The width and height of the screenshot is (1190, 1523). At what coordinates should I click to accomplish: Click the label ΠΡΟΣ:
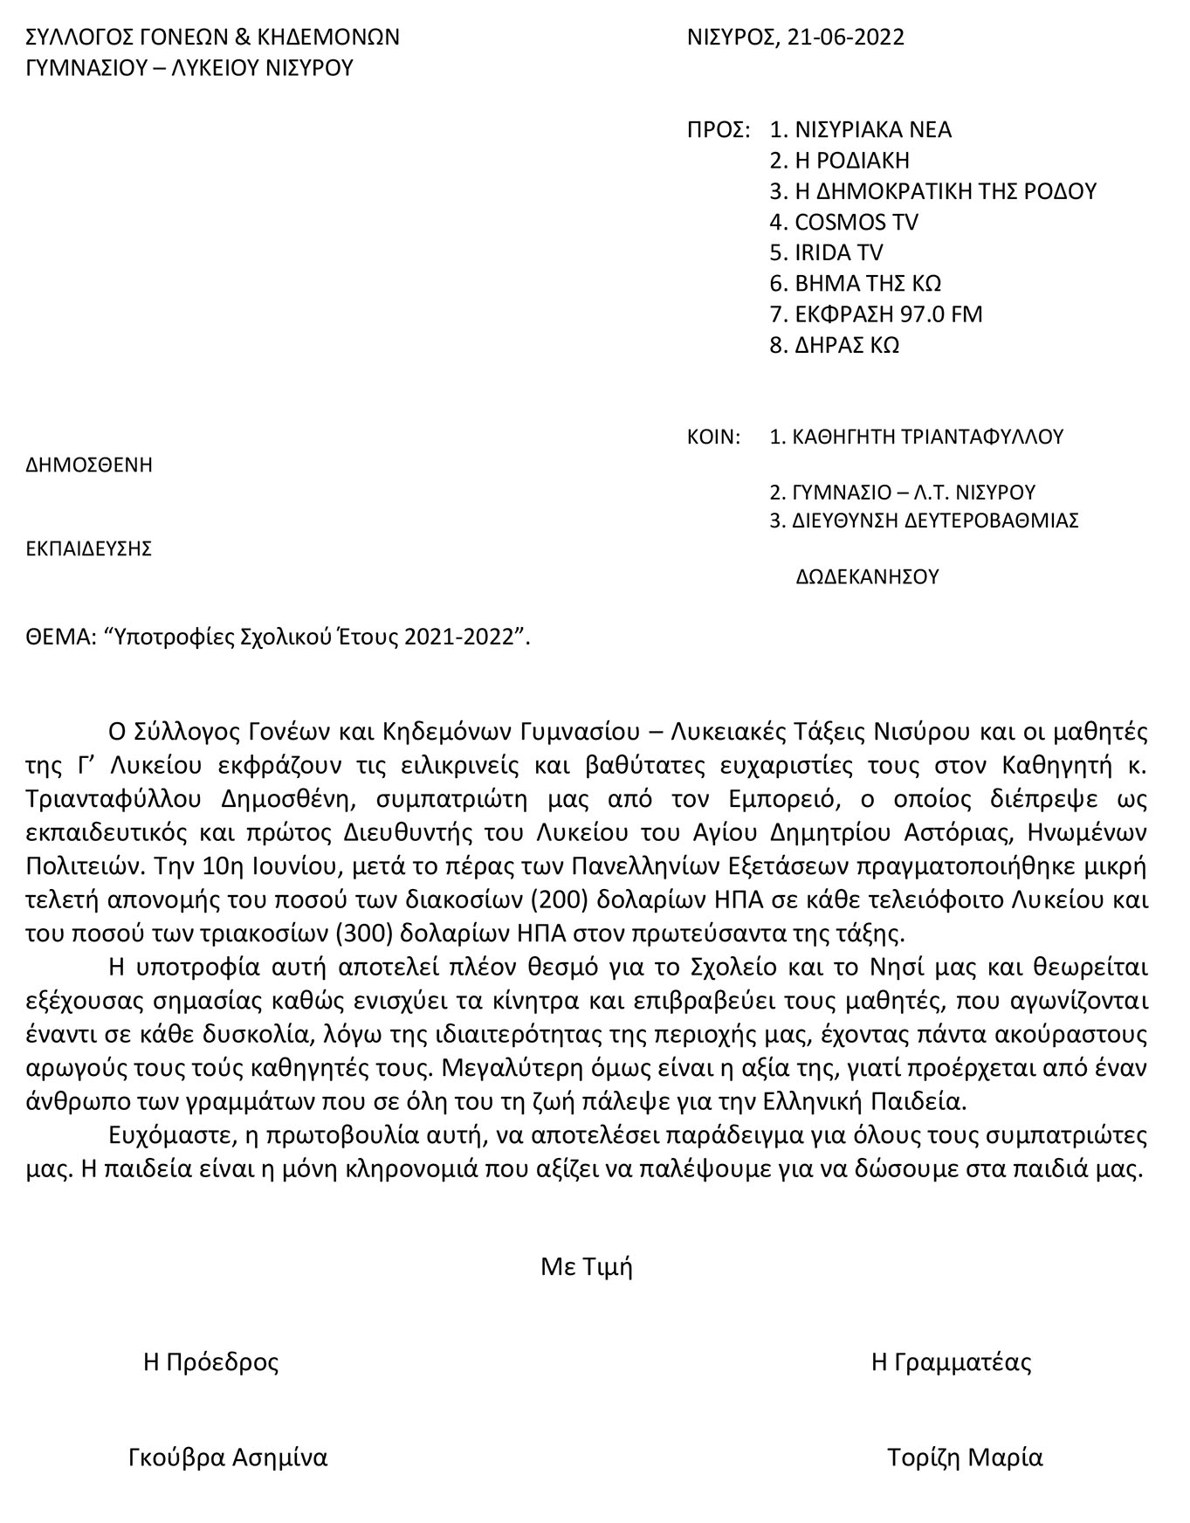point(719,130)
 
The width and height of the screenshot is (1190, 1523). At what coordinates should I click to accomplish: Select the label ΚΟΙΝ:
point(714,437)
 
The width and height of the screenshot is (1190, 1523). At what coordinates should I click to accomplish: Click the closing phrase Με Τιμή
point(586,1266)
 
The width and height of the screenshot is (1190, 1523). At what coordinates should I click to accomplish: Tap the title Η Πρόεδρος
point(211,1362)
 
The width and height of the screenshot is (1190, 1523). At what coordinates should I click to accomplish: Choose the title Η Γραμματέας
point(951,1362)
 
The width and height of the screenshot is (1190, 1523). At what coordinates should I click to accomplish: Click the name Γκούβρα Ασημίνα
point(228,1458)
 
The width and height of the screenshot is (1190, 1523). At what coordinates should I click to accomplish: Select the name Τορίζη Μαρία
point(965,1458)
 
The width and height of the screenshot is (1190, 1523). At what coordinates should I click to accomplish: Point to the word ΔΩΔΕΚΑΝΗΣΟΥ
point(867,576)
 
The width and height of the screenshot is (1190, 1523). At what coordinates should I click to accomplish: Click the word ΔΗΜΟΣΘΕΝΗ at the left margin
point(90,465)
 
